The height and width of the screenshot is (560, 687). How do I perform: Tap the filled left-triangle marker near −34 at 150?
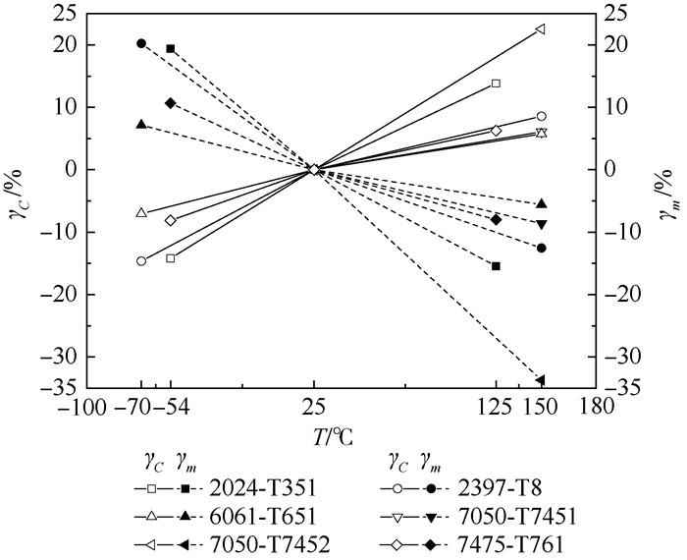(x=541, y=380)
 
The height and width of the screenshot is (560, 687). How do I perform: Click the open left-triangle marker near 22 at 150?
(x=541, y=29)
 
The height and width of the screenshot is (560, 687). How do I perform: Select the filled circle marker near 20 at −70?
(x=141, y=43)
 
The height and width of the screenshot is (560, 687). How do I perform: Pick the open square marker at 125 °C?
(x=496, y=84)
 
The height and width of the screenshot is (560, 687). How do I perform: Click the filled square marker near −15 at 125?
(x=496, y=266)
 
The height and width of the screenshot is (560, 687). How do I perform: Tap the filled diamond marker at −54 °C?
(x=171, y=103)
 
